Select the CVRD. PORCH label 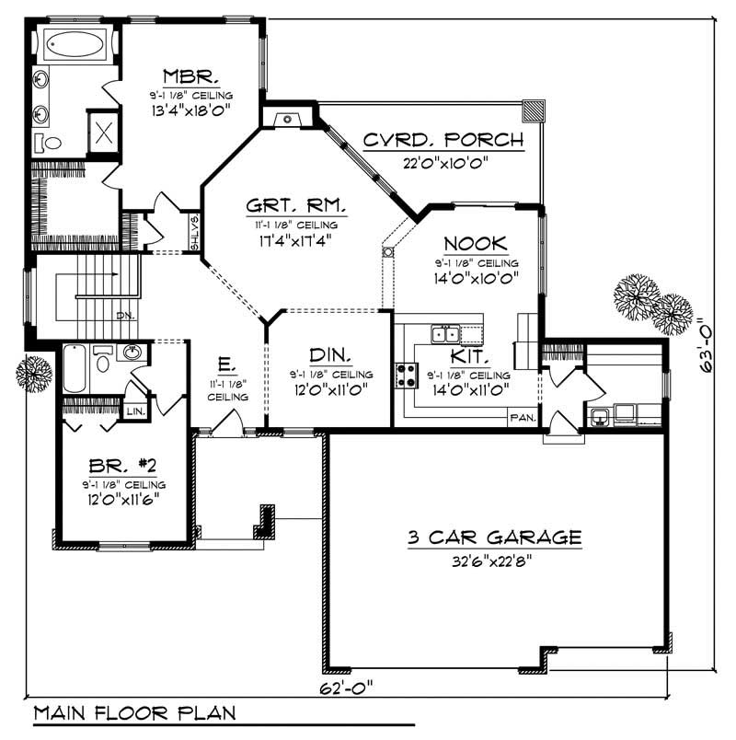[x=443, y=141]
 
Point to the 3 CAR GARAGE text [x=494, y=537]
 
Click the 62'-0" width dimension [x=348, y=688]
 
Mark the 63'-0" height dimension [x=707, y=345]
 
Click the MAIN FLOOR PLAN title [x=134, y=713]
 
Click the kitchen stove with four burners [x=406, y=375]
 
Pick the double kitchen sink [x=447, y=333]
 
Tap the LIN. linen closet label [x=135, y=410]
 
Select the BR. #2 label [x=121, y=464]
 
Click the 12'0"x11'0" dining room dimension [x=328, y=389]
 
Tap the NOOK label [x=475, y=243]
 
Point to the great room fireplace [x=288, y=118]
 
